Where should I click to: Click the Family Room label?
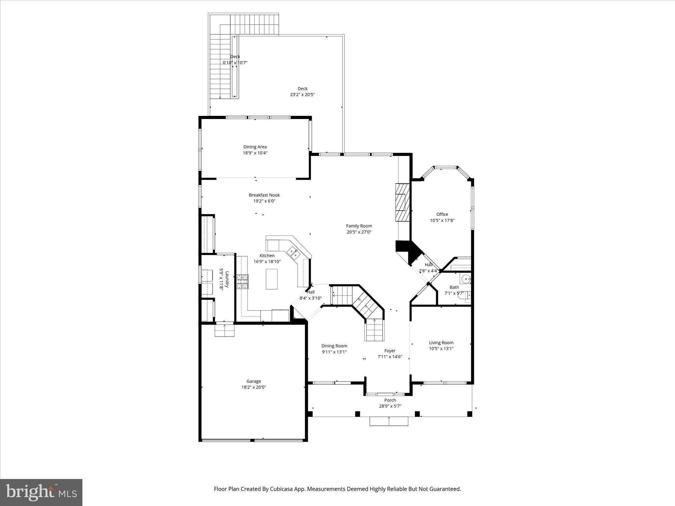pyautogui.click(x=359, y=226)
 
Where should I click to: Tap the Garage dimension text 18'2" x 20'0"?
pyautogui.click(x=253, y=387)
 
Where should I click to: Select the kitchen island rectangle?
pyautogui.click(x=272, y=279)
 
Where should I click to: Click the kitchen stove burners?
pyautogui.click(x=243, y=282)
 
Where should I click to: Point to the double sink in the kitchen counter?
pyautogui.click(x=294, y=253)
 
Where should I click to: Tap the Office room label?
pyautogui.click(x=442, y=214)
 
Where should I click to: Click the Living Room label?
pyautogui.click(x=441, y=343)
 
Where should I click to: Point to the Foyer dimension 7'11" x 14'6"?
pyautogui.click(x=390, y=357)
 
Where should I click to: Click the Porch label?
pyautogui.click(x=390, y=400)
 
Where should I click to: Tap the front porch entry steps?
pyautogui.click(x=389, y=421)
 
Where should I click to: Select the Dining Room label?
pyautogui.click(x=334, y=346)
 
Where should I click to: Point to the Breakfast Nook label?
pyautogui.click(x=264, y=195)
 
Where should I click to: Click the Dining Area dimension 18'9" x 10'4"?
pyautogui.click(x=255, y=153)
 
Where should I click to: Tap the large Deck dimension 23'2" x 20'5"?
pyautogui.click(x=302, y=95)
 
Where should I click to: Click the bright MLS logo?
pyautogui.click(x=41, y=492)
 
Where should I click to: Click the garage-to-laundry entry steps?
pyautogui.click(x=224, y=330)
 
